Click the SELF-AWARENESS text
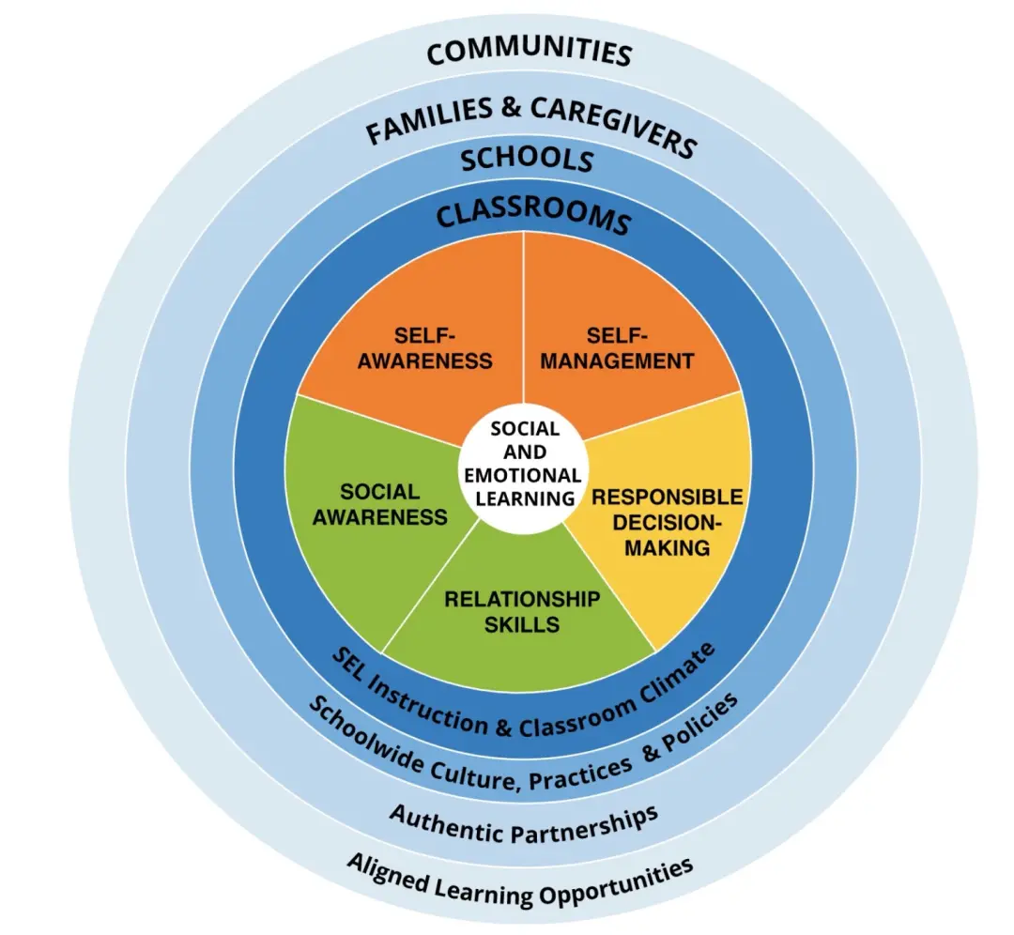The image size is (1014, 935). pos(425,347)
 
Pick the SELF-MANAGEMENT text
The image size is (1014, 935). pos(618,347)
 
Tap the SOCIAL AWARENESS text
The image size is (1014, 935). pos(379,504)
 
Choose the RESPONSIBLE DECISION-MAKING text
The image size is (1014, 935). pos(667,521)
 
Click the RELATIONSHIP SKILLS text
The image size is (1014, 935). pos(522,611)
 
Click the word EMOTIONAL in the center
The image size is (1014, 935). pos(523,476)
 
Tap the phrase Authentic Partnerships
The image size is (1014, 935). pos(523,822)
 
